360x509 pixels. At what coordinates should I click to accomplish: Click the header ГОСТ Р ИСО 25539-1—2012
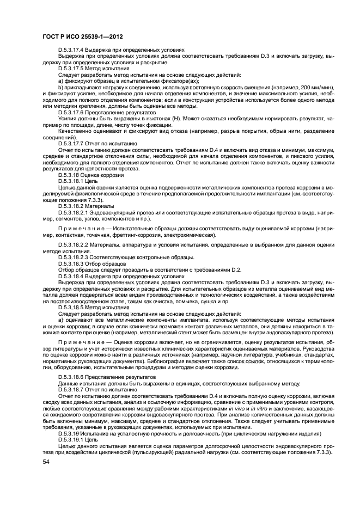82,36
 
